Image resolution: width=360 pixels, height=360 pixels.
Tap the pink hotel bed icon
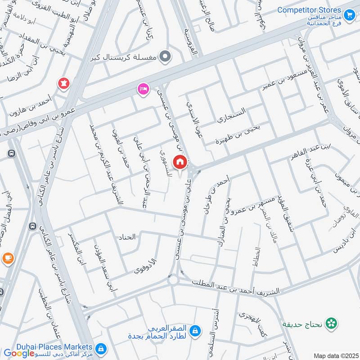[143, 89]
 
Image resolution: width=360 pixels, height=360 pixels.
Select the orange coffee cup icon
[7, 258]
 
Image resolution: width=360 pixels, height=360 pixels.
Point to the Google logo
[19, 353]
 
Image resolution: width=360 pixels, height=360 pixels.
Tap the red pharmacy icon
[63, 83]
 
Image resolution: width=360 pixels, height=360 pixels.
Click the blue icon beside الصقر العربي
[195, 332]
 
